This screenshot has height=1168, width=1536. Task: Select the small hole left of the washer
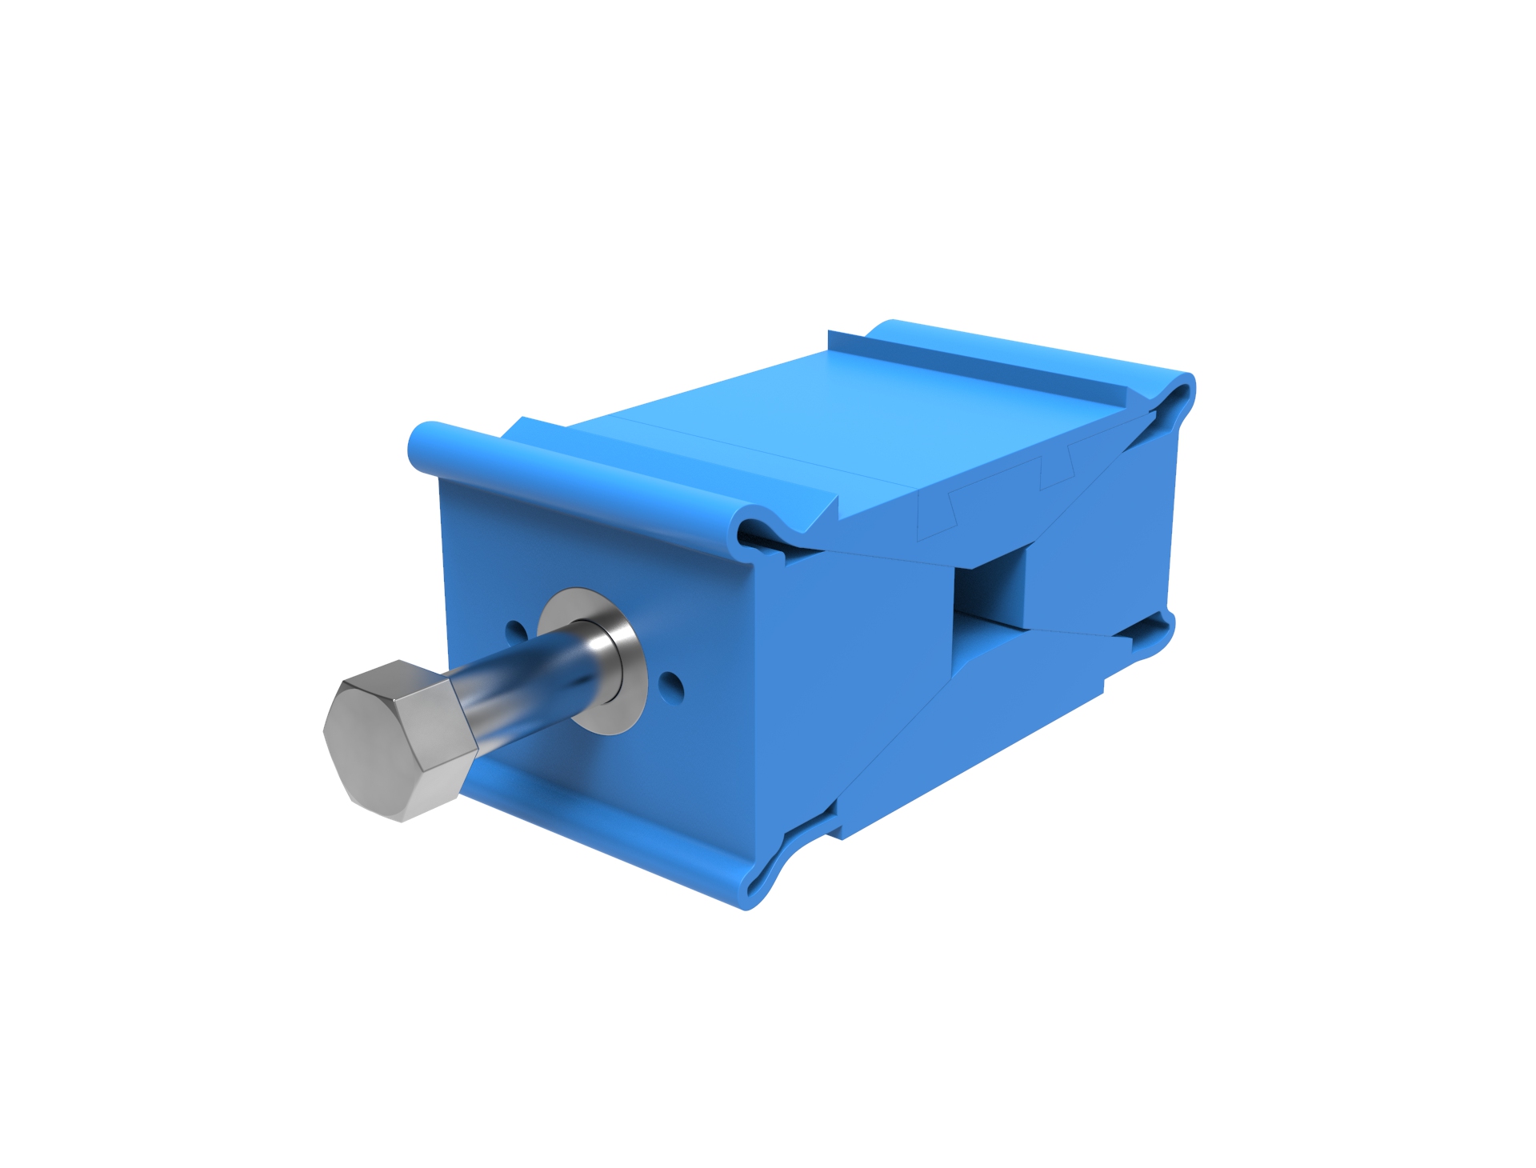[x=517, y=632]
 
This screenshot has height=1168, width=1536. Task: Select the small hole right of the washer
[x=673, y=685]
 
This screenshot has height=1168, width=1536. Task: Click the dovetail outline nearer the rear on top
[x=1056, y=472]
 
